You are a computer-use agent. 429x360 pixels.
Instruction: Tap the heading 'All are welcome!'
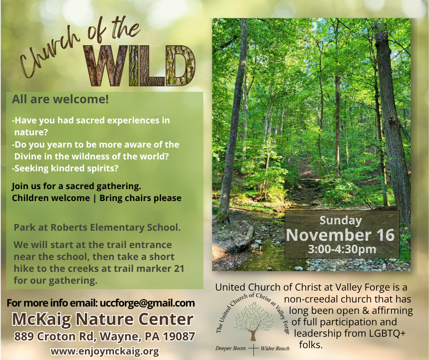point(60,99)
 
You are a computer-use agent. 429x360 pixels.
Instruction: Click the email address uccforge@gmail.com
point(147,303)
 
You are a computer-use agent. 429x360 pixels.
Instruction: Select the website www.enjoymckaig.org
point(105,351)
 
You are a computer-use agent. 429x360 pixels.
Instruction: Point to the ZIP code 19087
point(179,336)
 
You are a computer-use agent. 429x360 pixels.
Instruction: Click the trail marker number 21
point(178,269)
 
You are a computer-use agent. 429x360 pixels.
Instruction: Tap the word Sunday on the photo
point(340,221)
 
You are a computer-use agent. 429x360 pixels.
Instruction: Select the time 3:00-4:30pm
point(342,249)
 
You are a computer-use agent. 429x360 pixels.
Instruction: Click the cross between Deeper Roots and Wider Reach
point(254,349)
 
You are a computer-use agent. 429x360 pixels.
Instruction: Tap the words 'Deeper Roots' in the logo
point(230,348)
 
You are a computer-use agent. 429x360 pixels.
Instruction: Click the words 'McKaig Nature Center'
point(103,319)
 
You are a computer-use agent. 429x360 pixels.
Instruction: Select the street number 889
point(24,336)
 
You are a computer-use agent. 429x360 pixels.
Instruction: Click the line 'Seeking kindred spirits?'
point(65,168)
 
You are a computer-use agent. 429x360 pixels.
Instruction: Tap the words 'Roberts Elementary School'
point(115,228)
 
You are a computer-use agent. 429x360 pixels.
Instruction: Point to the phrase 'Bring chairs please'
point(141,198)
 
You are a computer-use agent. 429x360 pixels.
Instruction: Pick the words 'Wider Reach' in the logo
point(275,349)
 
